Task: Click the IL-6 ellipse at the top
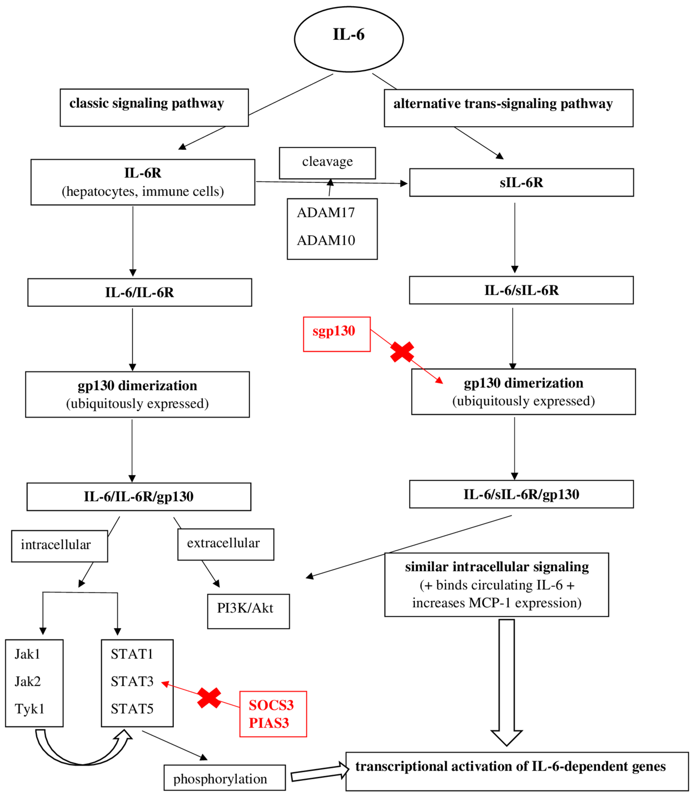coord(349,39)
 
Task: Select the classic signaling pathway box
coord(154,108)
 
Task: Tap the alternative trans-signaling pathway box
coord(508,108)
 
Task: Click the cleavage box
coord(327,163)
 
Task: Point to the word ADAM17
coord(326,213)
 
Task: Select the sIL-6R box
coord(521,182)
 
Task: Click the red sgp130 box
coord(337,334)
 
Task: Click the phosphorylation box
coord(224,777)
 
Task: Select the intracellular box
coord(59,546)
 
